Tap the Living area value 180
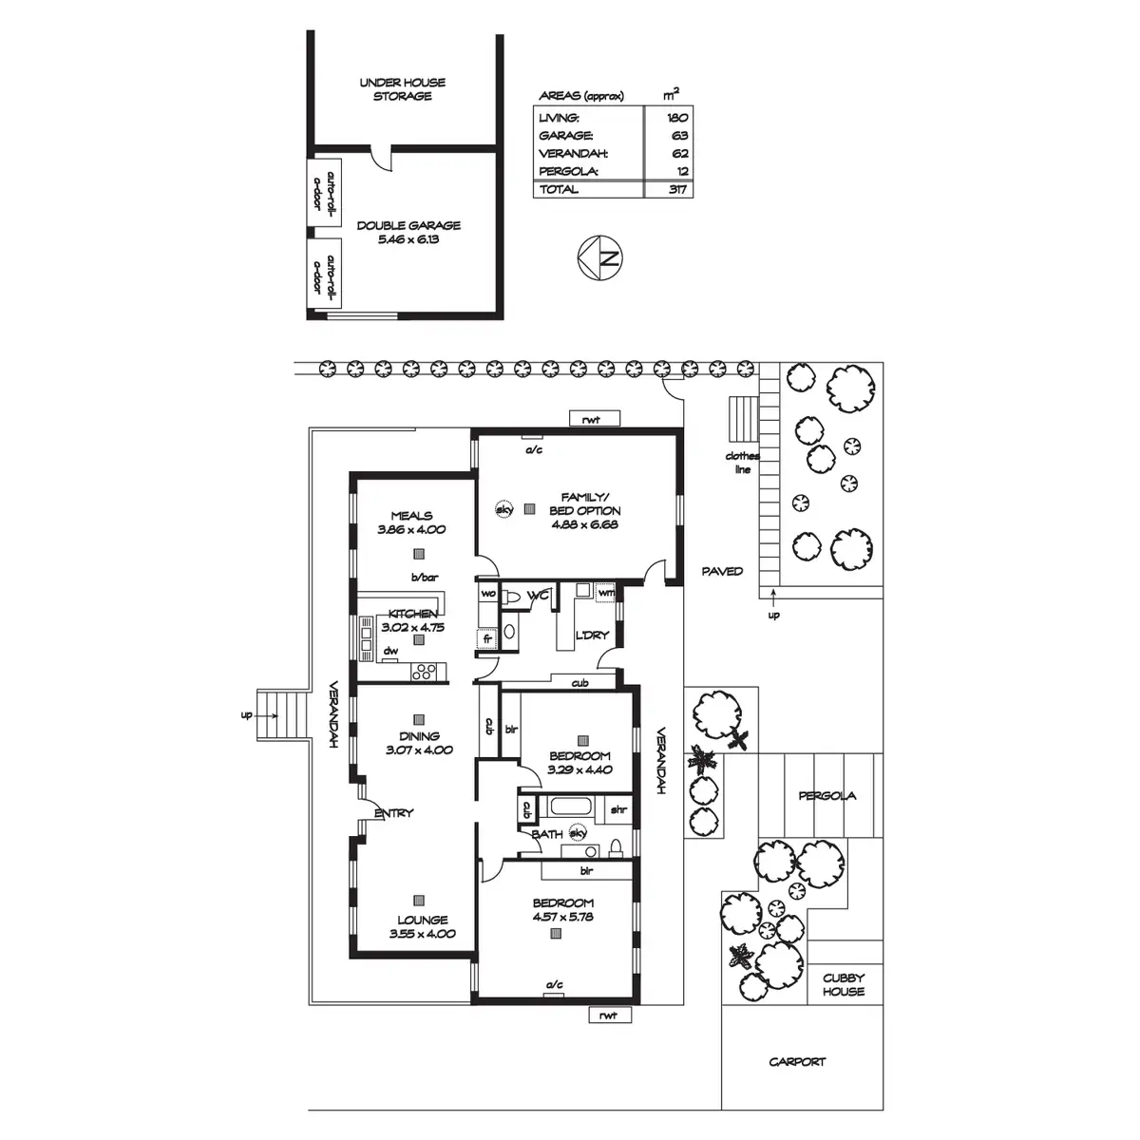tap(677, 117)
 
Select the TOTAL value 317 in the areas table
tap(678, 189)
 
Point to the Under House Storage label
tap(402, 89)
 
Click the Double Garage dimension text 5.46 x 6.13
tap(409, 239)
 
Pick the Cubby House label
tap(844, 984)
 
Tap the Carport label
tap(797, 1061)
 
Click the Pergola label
tap(826, 795)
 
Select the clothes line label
tap(743, 463)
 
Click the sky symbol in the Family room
tap(503, 509)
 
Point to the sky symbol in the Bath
tap(579, 833)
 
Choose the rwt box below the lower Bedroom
tap(609, 1016)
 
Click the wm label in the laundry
tap(606, 594)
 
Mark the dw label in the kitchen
tap(389, 652)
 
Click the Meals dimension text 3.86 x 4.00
tap(411, 530)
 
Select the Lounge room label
tap(423, 920)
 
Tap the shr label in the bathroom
tap(618, 809)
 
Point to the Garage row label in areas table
tap(566, 135)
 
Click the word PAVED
tap(722, 571)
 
